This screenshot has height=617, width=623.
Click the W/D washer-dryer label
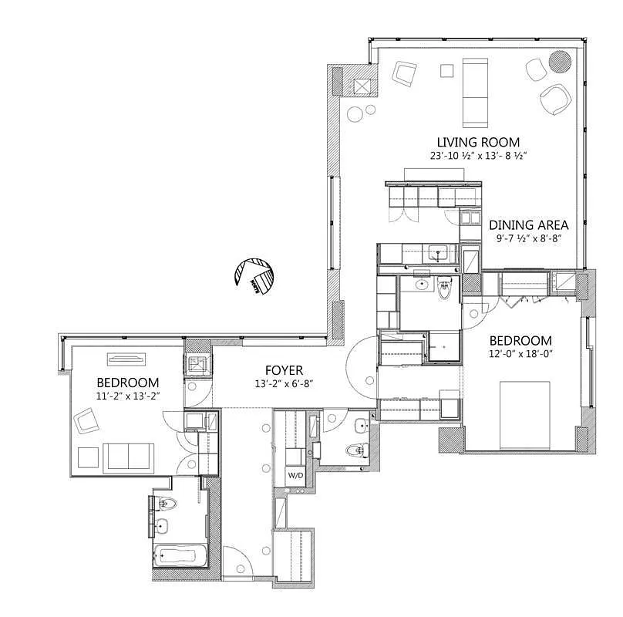295,475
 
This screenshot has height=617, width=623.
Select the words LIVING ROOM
478,142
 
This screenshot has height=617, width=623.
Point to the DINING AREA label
529,225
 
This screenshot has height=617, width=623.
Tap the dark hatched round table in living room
560,61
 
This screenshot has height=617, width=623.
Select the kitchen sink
439,252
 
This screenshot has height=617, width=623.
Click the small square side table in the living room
447,71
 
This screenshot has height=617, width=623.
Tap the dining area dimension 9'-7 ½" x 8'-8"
529,238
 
